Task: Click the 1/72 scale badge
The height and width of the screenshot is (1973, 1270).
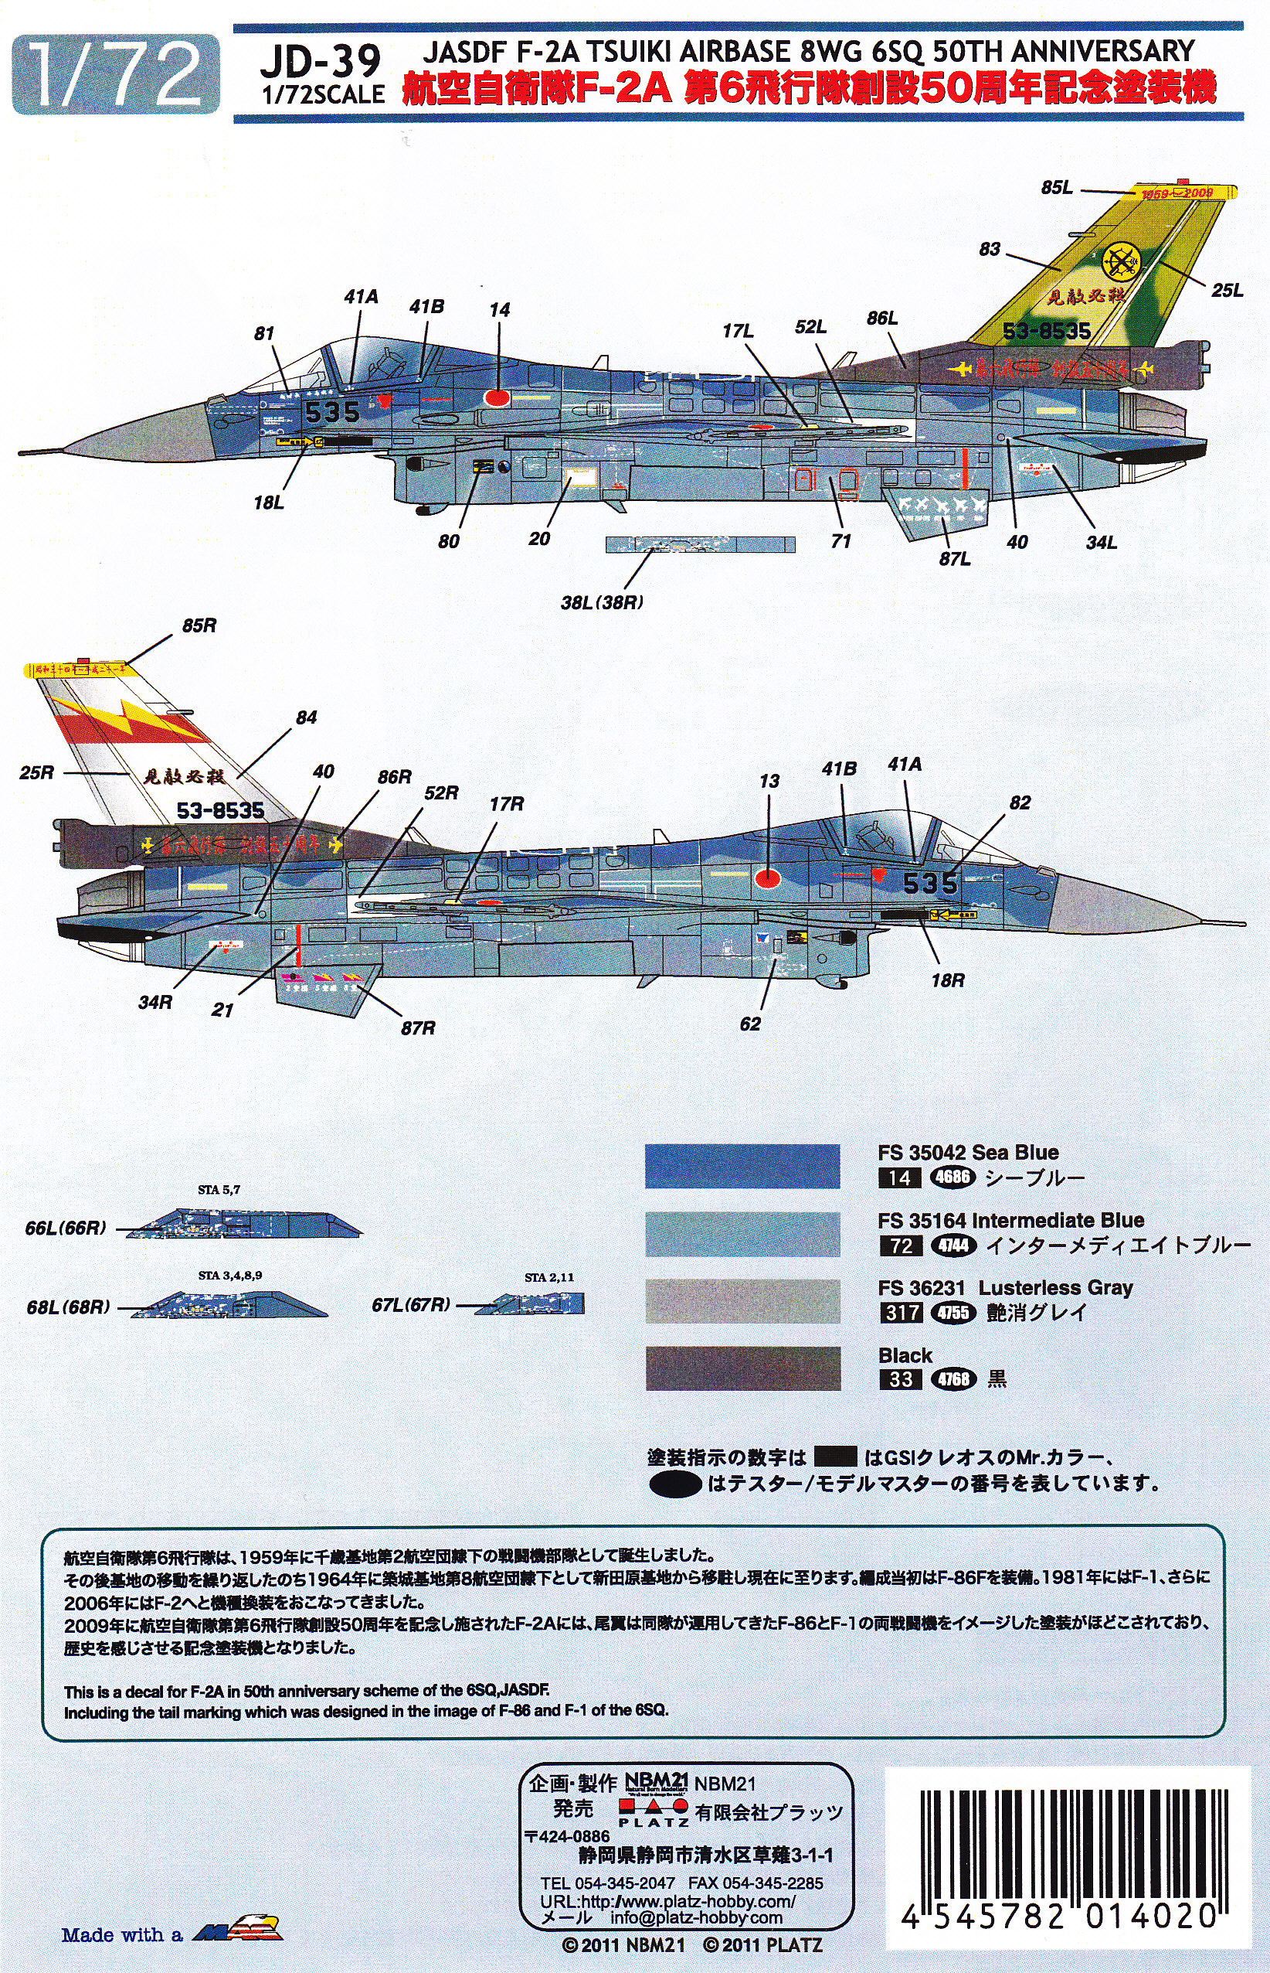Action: pyautogui.click(x=117, y=75)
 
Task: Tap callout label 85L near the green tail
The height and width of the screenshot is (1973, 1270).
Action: pyautogui.click(x=1057, y=188)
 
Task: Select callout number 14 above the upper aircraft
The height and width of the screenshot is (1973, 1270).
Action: pyautogui.click(x=499, y=310)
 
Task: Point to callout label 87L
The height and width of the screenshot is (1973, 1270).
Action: pyautogui.click(x=954, y=559)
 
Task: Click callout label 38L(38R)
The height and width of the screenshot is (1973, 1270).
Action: pyautogui.click(x=602, y=601)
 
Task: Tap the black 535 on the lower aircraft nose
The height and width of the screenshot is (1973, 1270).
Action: pyautogui.click(x=930, y=883)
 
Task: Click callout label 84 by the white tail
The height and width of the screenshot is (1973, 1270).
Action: pyautogui.click(x=306, y=718)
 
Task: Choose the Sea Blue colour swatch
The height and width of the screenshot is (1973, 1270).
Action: pyautogui.click(x=742, y=1165)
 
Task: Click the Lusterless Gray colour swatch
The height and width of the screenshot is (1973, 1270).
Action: pyautogui.click(x=742, y=1301)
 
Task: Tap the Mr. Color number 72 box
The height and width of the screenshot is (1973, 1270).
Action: pyautogui.click(x=900, y=1245)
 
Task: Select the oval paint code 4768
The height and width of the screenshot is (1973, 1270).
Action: pyautogui.click(x=952, y=1379)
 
